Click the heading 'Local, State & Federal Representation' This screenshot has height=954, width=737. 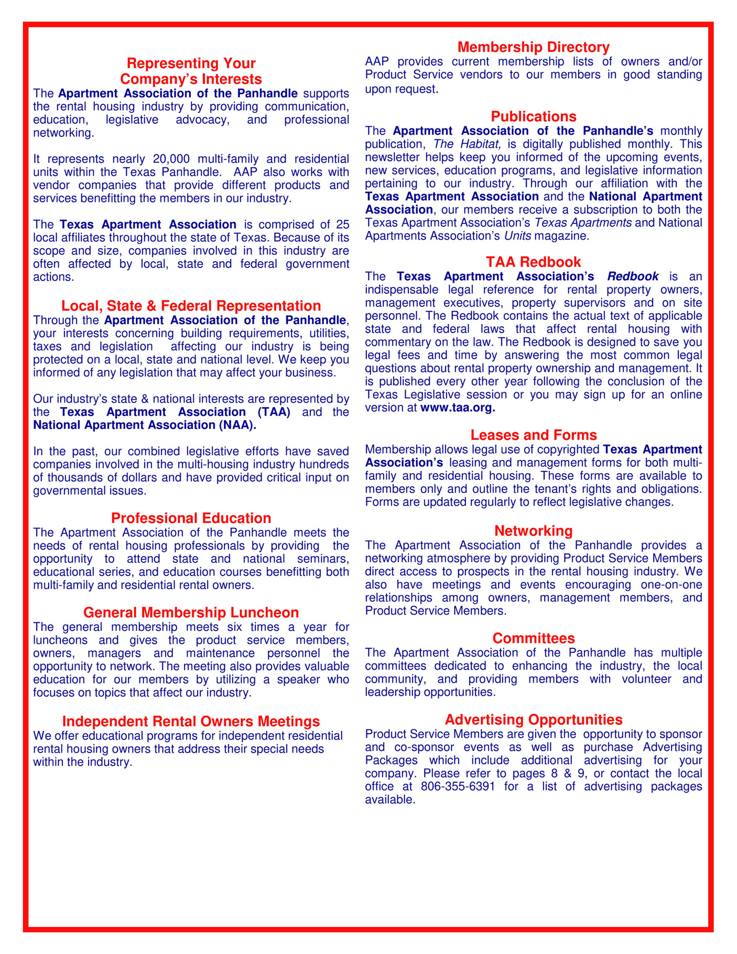pos(191,306)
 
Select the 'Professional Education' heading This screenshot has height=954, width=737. pos(191,518)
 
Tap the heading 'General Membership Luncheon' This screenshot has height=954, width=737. pos(191,613)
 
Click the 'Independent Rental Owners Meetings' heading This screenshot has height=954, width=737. pos(191,721)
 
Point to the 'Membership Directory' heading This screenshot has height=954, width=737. pos(534,47)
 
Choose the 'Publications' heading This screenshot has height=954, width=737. pos(534,116)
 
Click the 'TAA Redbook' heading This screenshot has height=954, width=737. pos(534,262)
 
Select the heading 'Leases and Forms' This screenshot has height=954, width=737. pos(534,435)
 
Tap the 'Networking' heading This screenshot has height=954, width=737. pos(534,531)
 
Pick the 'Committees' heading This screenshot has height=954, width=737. pos(534,638)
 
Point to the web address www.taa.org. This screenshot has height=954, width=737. pos(458,408)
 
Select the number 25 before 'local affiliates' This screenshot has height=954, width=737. pos(342,224)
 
